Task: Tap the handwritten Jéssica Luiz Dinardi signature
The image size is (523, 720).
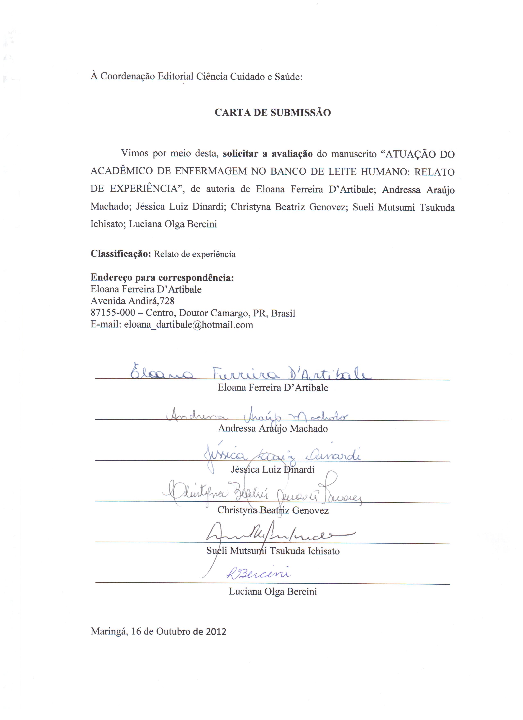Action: pos(282,456)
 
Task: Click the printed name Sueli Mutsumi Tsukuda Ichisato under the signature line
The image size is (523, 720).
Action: pos(273,551)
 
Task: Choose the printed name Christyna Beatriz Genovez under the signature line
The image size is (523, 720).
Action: pos(273,510)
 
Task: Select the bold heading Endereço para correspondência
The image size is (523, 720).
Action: pos(162,278)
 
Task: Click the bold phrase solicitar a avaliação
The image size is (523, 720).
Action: pos(268,154)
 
